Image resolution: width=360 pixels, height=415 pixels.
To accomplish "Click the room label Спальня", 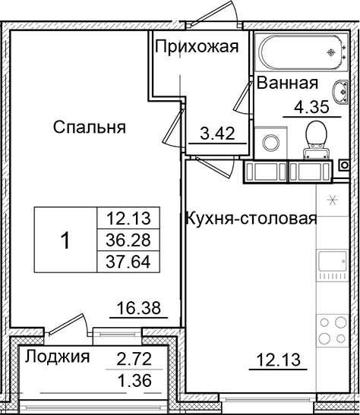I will (89, 127).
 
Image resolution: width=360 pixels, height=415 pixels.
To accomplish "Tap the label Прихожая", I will (197, 47).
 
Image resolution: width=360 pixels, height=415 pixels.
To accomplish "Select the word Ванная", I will (287, 83).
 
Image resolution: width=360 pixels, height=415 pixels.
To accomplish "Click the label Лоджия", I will (55, 357).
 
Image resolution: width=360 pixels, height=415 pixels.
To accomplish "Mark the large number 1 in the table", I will (66, 241).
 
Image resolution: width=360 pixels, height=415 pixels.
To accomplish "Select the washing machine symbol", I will (270, 143).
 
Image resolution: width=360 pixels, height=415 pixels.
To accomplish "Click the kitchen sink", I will (332, 266).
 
